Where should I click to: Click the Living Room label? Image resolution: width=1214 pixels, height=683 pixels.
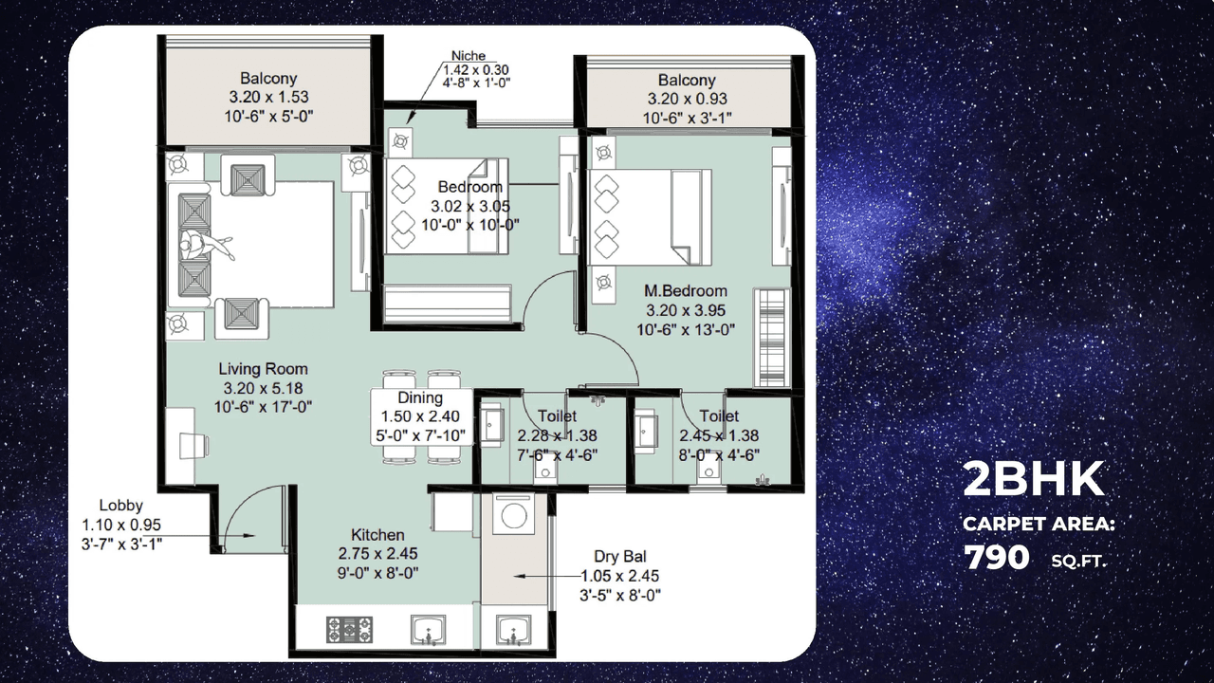pos(263,369)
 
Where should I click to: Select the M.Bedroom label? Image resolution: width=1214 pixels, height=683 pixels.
pos(687,291)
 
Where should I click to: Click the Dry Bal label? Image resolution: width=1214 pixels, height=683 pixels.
pos(620,557)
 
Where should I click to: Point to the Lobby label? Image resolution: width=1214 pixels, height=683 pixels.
pos(121,506)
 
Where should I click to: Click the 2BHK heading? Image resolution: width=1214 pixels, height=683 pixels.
pos(1034,480)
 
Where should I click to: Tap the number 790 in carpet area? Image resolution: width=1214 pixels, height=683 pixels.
pos(997,557)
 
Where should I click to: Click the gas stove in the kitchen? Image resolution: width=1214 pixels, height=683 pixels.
pos(349,629)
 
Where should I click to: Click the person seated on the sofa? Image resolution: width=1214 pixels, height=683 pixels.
pos(202,246)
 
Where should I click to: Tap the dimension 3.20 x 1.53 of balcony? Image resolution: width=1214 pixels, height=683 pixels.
pos(268,97)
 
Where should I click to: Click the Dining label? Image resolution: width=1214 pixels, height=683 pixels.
pos(420,397)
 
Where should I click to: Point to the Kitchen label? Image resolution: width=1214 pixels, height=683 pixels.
pos(377,535)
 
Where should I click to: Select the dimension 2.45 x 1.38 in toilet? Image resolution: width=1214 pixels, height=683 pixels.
pos(719,436)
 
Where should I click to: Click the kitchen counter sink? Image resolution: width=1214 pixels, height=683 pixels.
pos(430,629)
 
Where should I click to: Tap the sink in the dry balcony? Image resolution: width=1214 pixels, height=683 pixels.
pos(513,629)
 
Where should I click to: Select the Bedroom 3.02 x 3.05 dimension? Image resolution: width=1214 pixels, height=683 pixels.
pos(469,206)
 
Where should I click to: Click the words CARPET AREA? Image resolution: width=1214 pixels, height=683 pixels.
pos(1039,524)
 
